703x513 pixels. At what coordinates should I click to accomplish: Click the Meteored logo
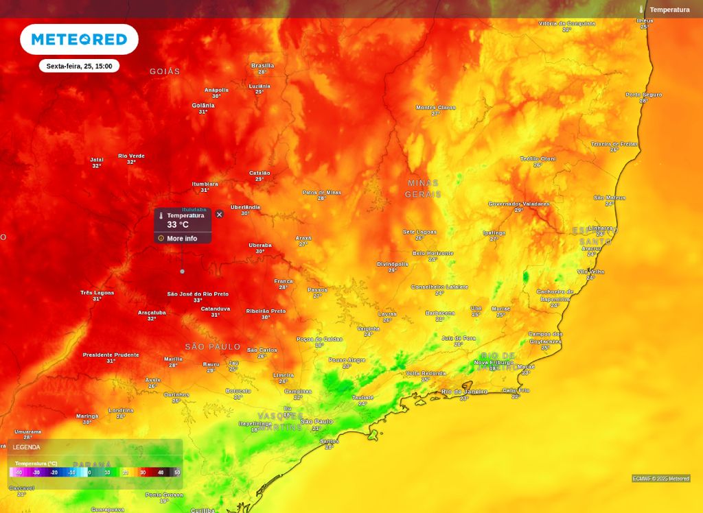pyautogui.click(x=79, y=40)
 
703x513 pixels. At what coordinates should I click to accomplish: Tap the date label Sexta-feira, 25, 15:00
pyautogui.click(x=79, y=66)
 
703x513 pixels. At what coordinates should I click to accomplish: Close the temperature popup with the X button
pyautogui.click(x=219, y=214)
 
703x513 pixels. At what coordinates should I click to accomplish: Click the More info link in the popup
pyautogui.click(x=181, y=239)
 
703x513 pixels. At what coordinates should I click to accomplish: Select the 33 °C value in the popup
pyautogui.click(x=178, y=225)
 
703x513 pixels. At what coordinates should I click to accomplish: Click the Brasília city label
pyautogui.click(x=262, y=66)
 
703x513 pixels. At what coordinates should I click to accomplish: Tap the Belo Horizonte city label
pyautogui.click(x=433, y=253)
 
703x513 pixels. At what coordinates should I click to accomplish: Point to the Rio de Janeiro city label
pyautogui.click(x=464, y=392)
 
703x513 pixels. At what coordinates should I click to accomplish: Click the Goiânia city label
pyautogui.click(x=203, y=106)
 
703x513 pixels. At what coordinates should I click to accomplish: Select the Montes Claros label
pyautogui.click(x=435, y=108)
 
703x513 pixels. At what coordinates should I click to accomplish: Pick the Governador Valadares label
pyautogui.click(x=519, y=204)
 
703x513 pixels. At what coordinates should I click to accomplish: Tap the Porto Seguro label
pyautogui.click(x=643, y=95)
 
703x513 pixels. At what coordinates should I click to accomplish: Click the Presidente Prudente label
pyautogui.click(x=111, y=355)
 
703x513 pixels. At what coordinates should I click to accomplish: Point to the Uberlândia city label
pyautogui.click(x=245, y=207)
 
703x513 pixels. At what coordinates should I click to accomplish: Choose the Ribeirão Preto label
pyautogui.click(x=266, y=311)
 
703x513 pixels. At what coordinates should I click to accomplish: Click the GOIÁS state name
pyautogui.click(x=165, y=71)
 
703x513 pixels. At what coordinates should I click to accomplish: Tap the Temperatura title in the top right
pyautogui.click(x=669, y=10)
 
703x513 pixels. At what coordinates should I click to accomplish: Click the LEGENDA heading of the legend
pyautogui.click(x=26, y=447)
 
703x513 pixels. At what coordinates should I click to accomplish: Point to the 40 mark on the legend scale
pyautogui.click(x=160, y=473)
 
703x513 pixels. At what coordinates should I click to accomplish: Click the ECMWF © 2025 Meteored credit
pyautogui.click(x=660, y=479)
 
